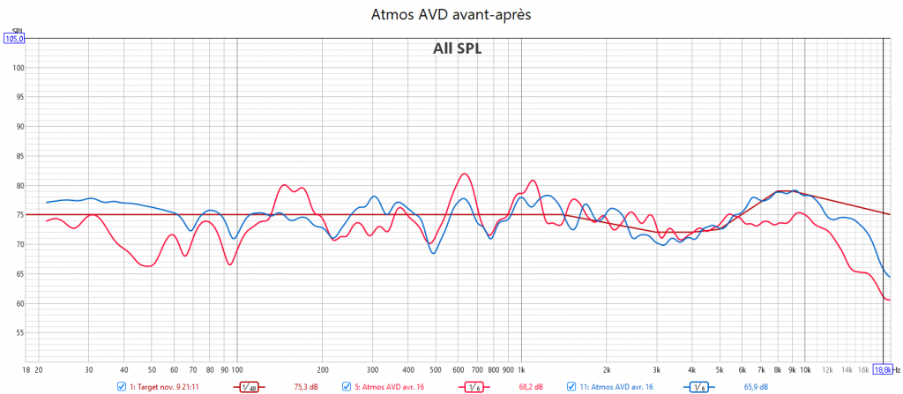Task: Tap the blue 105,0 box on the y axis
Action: tap(15, 39)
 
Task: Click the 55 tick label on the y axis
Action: tap(18, 332)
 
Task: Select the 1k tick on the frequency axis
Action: tap(521, 370)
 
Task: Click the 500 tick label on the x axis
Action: tap(435, 370)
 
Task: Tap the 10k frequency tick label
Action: tap(805, 370)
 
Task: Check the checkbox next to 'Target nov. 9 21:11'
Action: tap(121, 386)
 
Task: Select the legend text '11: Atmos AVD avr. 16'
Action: tap(616, 386)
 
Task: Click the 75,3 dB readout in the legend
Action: tap(305, 386)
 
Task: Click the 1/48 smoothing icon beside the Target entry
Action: tap(250, 386)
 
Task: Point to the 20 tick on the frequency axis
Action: tap(39, 370)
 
